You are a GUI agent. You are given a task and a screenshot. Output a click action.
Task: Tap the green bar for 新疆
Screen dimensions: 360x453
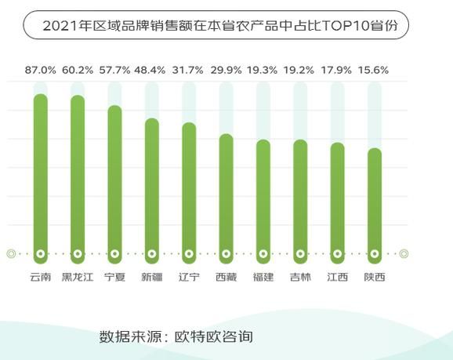pyautogui.click(x=152, y=188)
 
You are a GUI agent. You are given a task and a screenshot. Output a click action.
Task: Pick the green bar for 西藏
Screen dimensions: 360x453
pyautogui.click(x=226, y=196)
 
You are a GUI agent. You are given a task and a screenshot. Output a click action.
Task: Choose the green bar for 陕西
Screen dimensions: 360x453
pyautogui.click(x=375, y=203)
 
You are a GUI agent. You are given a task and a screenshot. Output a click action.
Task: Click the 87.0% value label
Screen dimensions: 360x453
pyautogui.click(x=41, y=70)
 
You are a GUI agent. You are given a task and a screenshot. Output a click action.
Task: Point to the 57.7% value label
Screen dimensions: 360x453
pyautogui.click(x=114, y=70)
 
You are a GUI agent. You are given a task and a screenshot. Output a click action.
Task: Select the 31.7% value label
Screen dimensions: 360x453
pyautogui.click(x=189, y=70)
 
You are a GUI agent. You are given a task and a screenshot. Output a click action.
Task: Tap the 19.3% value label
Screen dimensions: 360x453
pyautogui.click(x=263, y=70)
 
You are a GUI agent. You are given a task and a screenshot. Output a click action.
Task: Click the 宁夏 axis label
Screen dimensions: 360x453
pyautogui.click(x=114, y=277)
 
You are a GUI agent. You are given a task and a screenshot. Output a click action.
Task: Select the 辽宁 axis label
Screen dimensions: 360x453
pyautogui.click(x=189, y=277)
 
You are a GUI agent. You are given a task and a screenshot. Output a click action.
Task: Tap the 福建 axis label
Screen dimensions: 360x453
pyautogui.click(x=263, y=277)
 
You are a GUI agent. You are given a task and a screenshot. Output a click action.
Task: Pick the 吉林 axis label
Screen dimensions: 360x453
pyautogui.click(x=300, y=277)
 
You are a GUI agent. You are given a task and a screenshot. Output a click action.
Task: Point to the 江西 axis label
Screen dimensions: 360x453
pyautogui.click(x=337, y=277)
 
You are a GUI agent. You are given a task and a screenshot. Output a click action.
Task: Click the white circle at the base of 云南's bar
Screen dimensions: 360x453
pyautogui.click(x=40, y=253)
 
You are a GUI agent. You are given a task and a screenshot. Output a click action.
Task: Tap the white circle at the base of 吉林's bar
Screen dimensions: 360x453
pyautogui.click(x=300, y=253)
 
